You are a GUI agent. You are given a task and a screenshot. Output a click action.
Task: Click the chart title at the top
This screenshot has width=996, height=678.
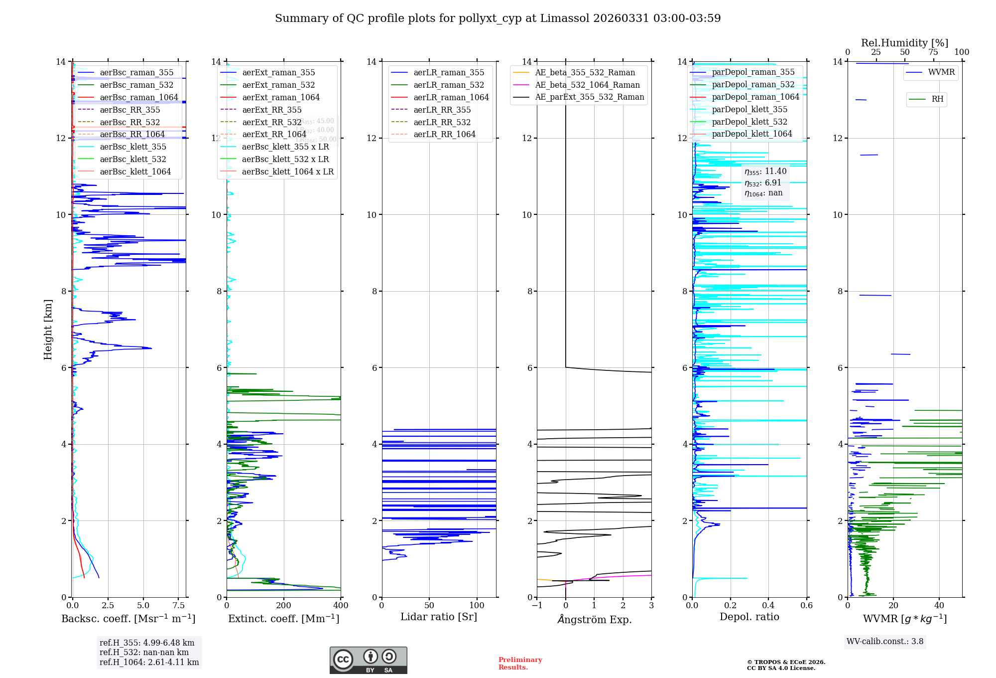point(498,18)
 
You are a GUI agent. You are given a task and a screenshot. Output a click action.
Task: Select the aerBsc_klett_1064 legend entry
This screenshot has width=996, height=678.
point(135,171)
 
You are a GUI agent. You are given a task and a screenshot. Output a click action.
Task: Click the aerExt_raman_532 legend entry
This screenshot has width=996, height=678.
point(278,85)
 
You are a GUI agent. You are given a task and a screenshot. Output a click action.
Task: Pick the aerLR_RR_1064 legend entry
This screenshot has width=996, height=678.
point(444,134)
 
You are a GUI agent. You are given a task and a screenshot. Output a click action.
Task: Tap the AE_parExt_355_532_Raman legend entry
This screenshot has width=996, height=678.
point(589,97)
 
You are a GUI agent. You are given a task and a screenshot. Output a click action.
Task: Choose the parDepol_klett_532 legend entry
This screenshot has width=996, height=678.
point(749,122)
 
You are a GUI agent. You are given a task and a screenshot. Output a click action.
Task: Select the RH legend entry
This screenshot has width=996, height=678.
point(937,99)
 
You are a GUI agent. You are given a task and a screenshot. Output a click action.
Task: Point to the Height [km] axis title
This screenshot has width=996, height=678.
point(48,329)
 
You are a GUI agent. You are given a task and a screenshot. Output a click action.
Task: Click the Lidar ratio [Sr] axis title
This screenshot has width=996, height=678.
point(439,617)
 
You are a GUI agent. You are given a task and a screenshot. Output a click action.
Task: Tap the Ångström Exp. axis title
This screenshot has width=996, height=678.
point(594,619)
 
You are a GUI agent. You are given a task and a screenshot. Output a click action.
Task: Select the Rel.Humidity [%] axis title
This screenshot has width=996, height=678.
point(904,43)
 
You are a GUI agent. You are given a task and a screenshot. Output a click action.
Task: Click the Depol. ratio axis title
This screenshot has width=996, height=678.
point(749,617)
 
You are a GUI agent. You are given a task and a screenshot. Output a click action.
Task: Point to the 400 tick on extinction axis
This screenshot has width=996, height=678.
point(341,605)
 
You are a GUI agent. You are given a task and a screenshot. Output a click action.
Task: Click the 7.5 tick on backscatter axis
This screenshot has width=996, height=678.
point(179,605)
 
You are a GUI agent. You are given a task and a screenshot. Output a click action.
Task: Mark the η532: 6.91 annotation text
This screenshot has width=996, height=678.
point(763,182)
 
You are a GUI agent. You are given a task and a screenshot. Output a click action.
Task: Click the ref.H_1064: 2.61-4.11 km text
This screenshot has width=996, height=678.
point(149,662)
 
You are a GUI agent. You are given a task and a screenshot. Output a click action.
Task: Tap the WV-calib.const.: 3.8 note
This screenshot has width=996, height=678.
point(884,641)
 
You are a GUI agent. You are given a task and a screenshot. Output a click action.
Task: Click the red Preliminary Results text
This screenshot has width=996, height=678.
point(520,663)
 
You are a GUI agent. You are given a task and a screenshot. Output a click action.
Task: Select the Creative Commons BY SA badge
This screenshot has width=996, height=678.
point(368,660)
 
